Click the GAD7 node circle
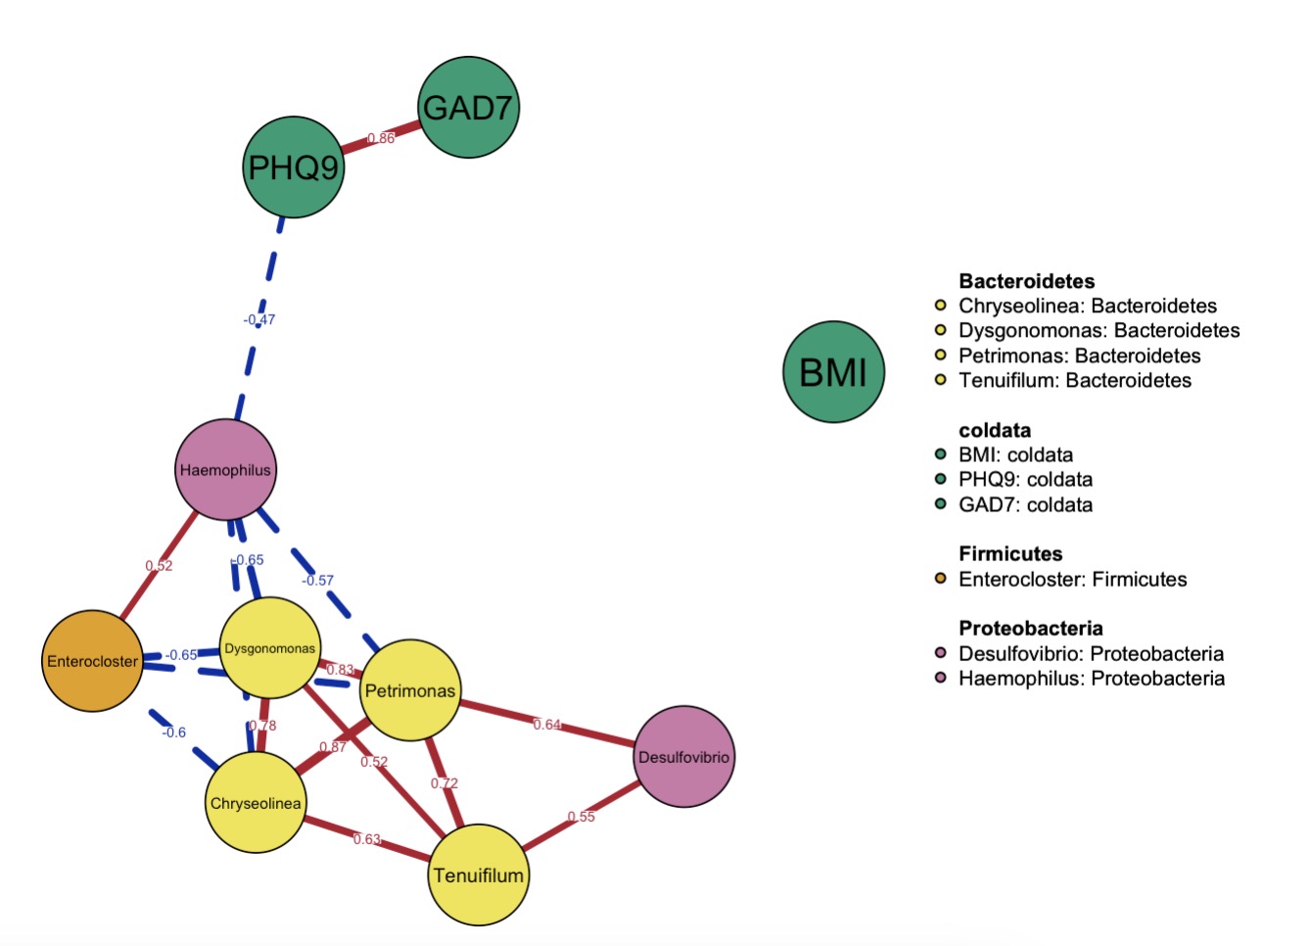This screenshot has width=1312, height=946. click(x=469, y=107)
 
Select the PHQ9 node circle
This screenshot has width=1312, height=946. click(x=293, y=167)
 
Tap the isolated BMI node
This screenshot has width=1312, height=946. click(x=833, y=372)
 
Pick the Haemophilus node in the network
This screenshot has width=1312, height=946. click(x=225, y=470)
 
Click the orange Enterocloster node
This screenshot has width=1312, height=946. click(x=93, y=661)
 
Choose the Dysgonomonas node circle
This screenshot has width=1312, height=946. click(x=269, y=648)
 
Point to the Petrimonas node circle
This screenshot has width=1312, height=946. click(x=410, y=690)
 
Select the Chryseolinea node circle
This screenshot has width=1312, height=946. click(x=256, y=803)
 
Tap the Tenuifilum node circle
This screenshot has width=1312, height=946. click(x=479, y=875)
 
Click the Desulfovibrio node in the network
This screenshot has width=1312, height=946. click(x=683, y=757)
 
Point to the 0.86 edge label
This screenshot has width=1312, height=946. click(x=381, y=138)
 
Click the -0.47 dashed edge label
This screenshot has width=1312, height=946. click(x=259, y=319)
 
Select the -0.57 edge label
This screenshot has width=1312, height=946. click(x=317, y=580)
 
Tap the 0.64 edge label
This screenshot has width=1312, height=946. click(x=547, y=725)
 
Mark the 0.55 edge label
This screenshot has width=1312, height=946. click(x=581, y=817)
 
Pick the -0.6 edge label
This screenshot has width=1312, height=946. click(x=173, y=733)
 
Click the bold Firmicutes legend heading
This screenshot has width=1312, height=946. click(x=1010, y=554)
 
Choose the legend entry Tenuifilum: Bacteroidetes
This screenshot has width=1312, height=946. click(x=1074, y=380)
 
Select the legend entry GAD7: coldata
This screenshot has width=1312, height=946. click(x=1025, y=504)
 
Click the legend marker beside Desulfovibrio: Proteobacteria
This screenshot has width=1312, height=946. click(x=941, y=653)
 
